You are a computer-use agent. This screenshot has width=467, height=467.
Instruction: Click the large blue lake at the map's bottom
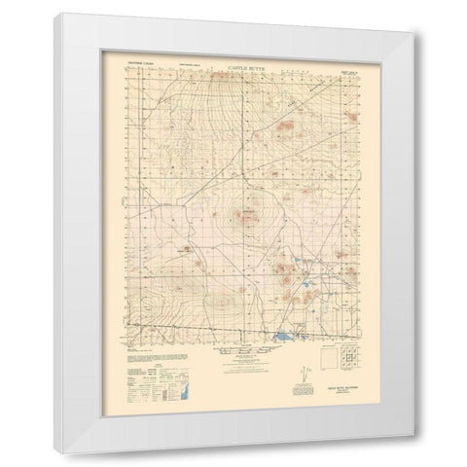pyautogui.click(x=282, y=337)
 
